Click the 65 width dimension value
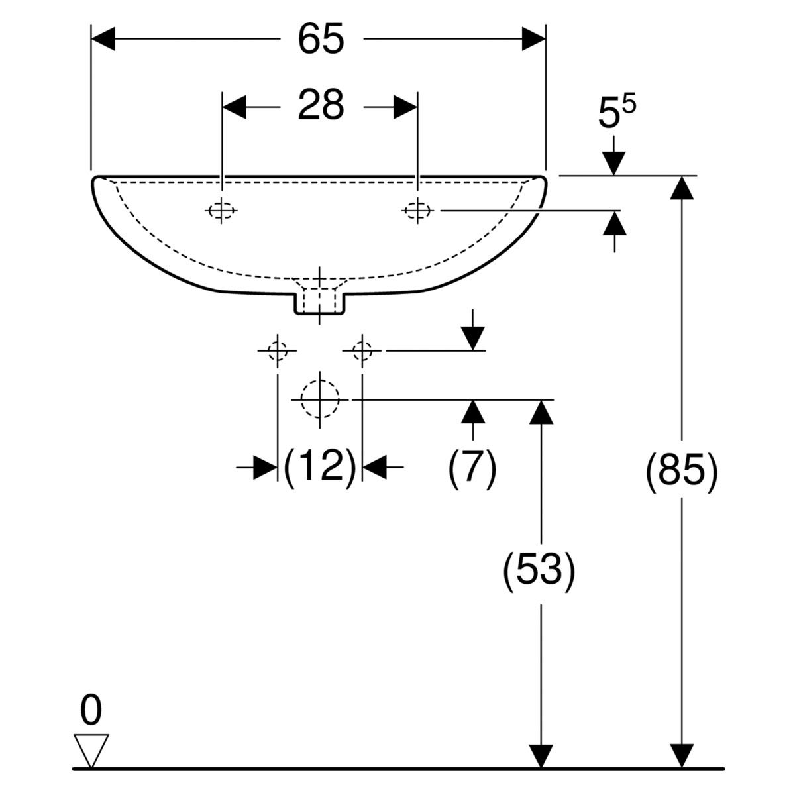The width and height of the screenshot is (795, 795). coord(321,40)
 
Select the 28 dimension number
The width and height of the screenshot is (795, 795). coord(321,106)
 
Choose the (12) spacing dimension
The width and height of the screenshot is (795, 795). coord(320,468)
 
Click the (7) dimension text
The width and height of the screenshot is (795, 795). coord(472,468)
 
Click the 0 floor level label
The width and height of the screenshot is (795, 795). coord(91,713)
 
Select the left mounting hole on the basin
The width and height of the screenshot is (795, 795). coord(222,211)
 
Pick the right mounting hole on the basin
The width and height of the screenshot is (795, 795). coord(417,211)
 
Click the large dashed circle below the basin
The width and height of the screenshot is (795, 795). coord(320,399)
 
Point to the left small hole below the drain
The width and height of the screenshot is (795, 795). coord(277,350)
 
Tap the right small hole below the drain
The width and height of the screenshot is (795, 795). coord(362,350)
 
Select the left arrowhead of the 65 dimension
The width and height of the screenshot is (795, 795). coord(103,40)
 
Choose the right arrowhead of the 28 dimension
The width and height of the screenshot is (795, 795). coord(405,107)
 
